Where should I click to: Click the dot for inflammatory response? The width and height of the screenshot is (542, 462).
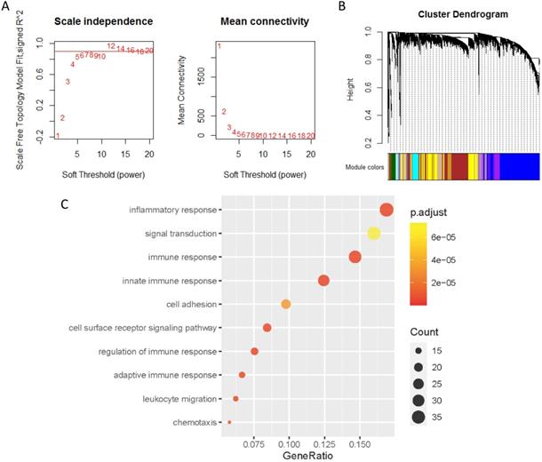tap(387, 210)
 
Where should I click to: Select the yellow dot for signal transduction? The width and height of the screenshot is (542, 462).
tap(374, 234)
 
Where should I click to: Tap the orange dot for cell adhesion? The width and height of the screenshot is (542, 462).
tap(286, 304)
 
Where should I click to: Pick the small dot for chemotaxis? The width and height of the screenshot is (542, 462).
tap(229, 422)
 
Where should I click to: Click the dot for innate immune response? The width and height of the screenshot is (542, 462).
tap(323, 281)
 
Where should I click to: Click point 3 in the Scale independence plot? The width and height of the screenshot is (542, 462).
tap(68, 82)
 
